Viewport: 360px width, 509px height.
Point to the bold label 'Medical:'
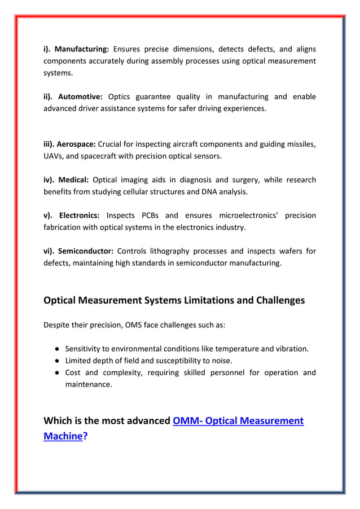(x=73, y=180)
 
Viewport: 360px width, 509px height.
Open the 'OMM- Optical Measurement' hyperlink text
(x=238, y=421)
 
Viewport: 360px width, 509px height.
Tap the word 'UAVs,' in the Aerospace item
(x=54, y=156)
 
